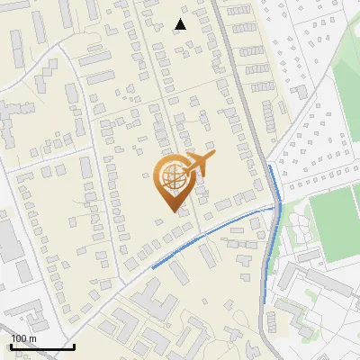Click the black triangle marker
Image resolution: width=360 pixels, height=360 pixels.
181,24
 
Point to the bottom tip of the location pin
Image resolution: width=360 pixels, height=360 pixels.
173,212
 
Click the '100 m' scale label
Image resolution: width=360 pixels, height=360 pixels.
24,338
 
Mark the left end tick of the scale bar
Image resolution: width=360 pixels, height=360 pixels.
11,346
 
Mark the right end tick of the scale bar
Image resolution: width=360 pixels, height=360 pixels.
74,346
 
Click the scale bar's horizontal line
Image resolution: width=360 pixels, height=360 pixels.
42,347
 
